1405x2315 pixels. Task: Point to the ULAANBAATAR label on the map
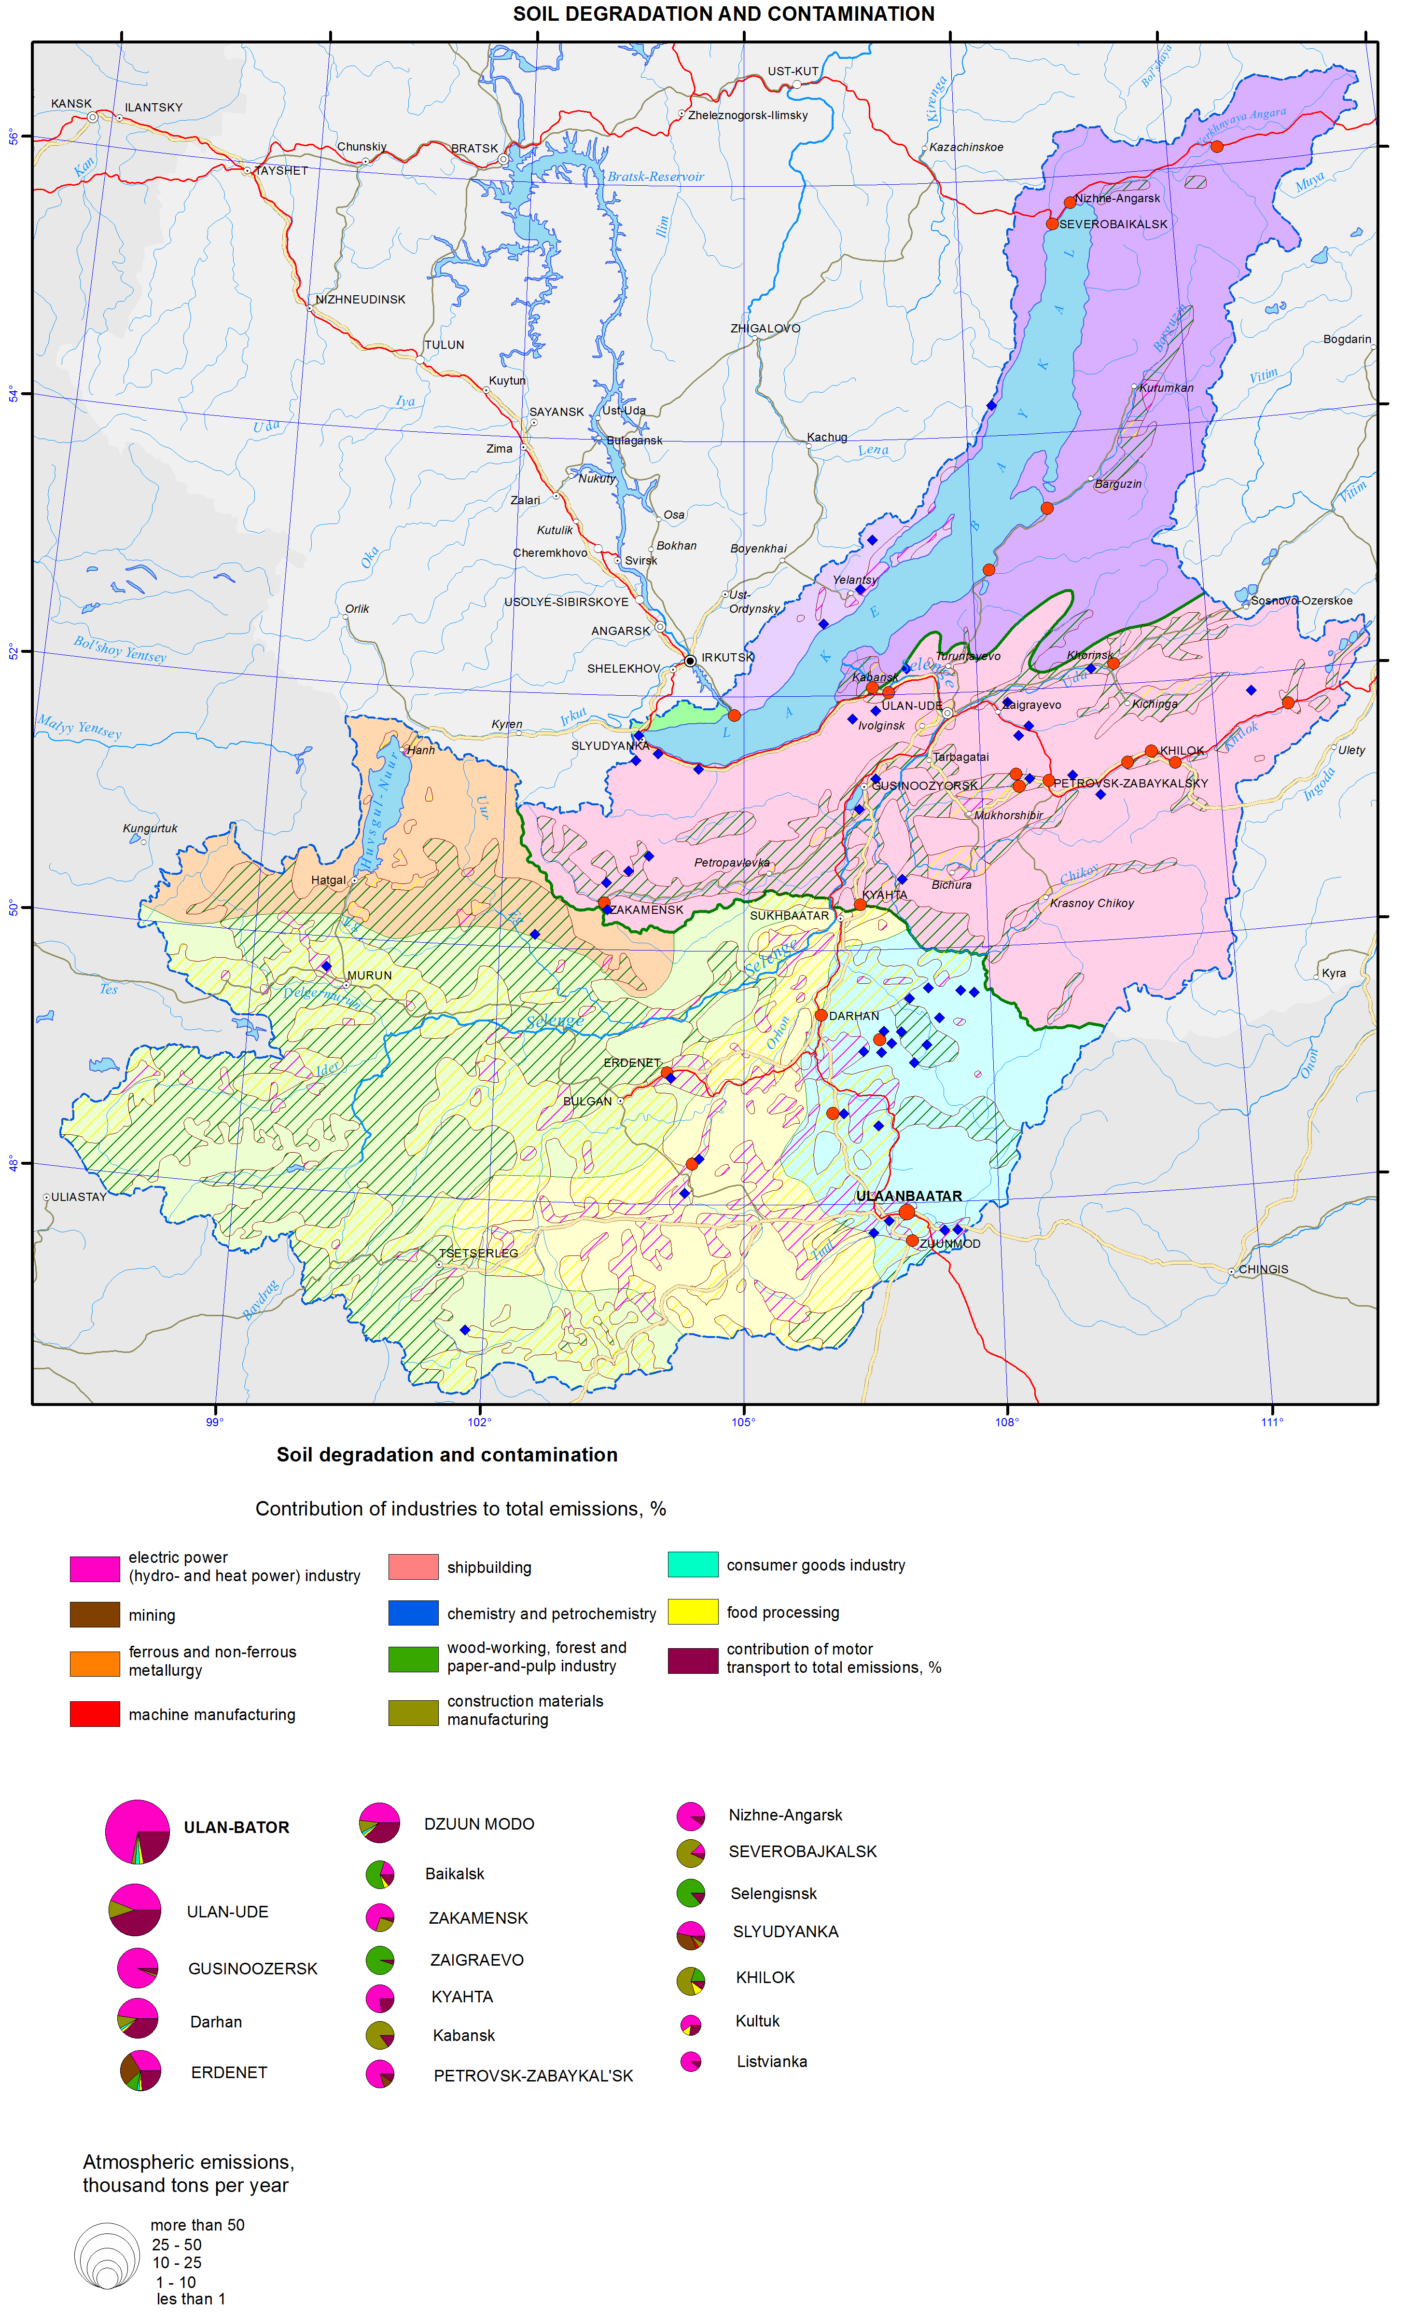pos(909,1196)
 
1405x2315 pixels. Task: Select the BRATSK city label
pos(474,149)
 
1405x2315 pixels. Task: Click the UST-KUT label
pos(792,71)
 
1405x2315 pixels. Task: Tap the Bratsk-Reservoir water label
pos(655,177)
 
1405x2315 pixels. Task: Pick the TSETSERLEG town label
pos(478,1254)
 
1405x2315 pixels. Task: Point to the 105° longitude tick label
pos(743,1421)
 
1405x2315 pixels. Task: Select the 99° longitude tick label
pos(215,1421)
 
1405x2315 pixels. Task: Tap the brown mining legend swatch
pos(94,1614)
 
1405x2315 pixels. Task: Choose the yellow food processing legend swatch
pos(693,1612)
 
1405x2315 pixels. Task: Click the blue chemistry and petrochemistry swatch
pos(413,1612)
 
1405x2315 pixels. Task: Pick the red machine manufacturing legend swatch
pos(94,1714)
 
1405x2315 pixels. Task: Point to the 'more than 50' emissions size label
pos(197,2225)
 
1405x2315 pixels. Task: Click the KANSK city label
pos(71,103)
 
